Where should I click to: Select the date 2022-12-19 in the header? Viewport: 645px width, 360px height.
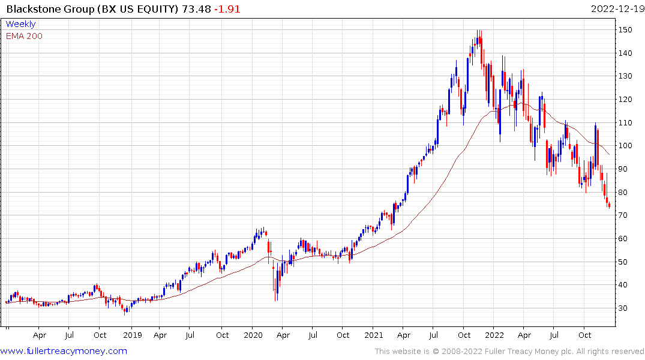(616, 9)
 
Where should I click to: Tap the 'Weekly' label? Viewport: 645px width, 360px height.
(20, 24)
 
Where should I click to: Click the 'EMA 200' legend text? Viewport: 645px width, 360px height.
(24, 36)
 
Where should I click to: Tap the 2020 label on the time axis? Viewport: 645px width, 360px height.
(253, 335)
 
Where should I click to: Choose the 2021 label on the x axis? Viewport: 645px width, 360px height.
(373, 335)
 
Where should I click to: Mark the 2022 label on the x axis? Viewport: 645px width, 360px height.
(494, 335)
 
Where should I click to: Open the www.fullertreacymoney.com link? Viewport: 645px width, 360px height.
(64, 351)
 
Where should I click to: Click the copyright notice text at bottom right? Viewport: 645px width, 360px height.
(509, 351)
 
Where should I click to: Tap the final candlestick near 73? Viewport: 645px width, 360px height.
(610, 206)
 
